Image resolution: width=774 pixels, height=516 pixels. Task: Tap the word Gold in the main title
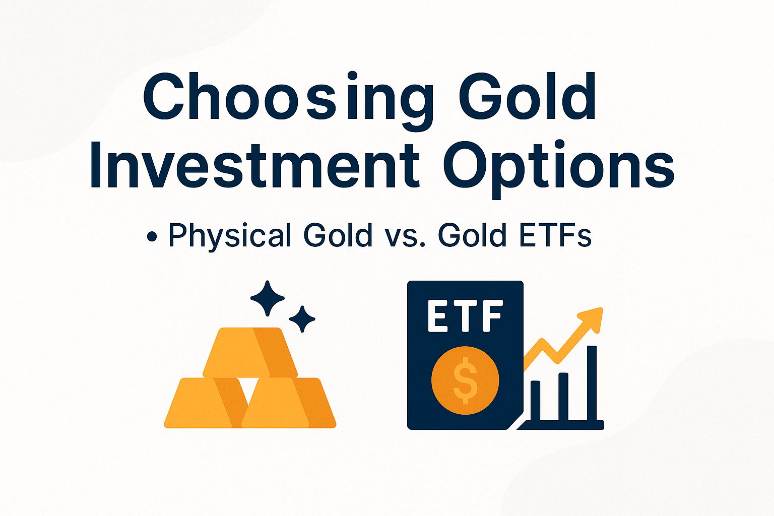[x=528, y=98]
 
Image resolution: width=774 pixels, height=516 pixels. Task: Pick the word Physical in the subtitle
[x=230, y=235]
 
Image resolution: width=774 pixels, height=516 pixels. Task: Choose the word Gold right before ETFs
[x=472, y=235]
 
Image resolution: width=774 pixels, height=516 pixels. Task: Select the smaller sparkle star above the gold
[x=302, y=319]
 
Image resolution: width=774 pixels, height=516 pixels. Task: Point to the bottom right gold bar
[x=289, y=403]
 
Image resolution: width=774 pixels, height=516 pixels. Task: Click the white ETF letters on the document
[x=465, y=316]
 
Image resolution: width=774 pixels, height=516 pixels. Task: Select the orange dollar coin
[x=465, y=380]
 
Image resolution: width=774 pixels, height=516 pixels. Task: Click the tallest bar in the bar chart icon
[x=592, y=383]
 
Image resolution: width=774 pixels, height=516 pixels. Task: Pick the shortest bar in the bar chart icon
[x=535, y=400]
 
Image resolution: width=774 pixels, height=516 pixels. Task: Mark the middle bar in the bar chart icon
[x=563, y=396]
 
